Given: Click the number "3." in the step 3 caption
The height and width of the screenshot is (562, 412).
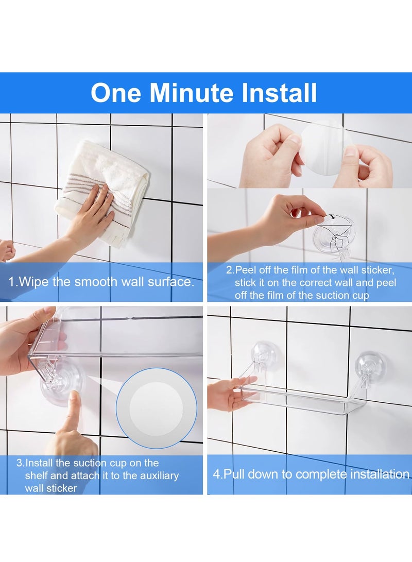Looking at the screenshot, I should point(20,463).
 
